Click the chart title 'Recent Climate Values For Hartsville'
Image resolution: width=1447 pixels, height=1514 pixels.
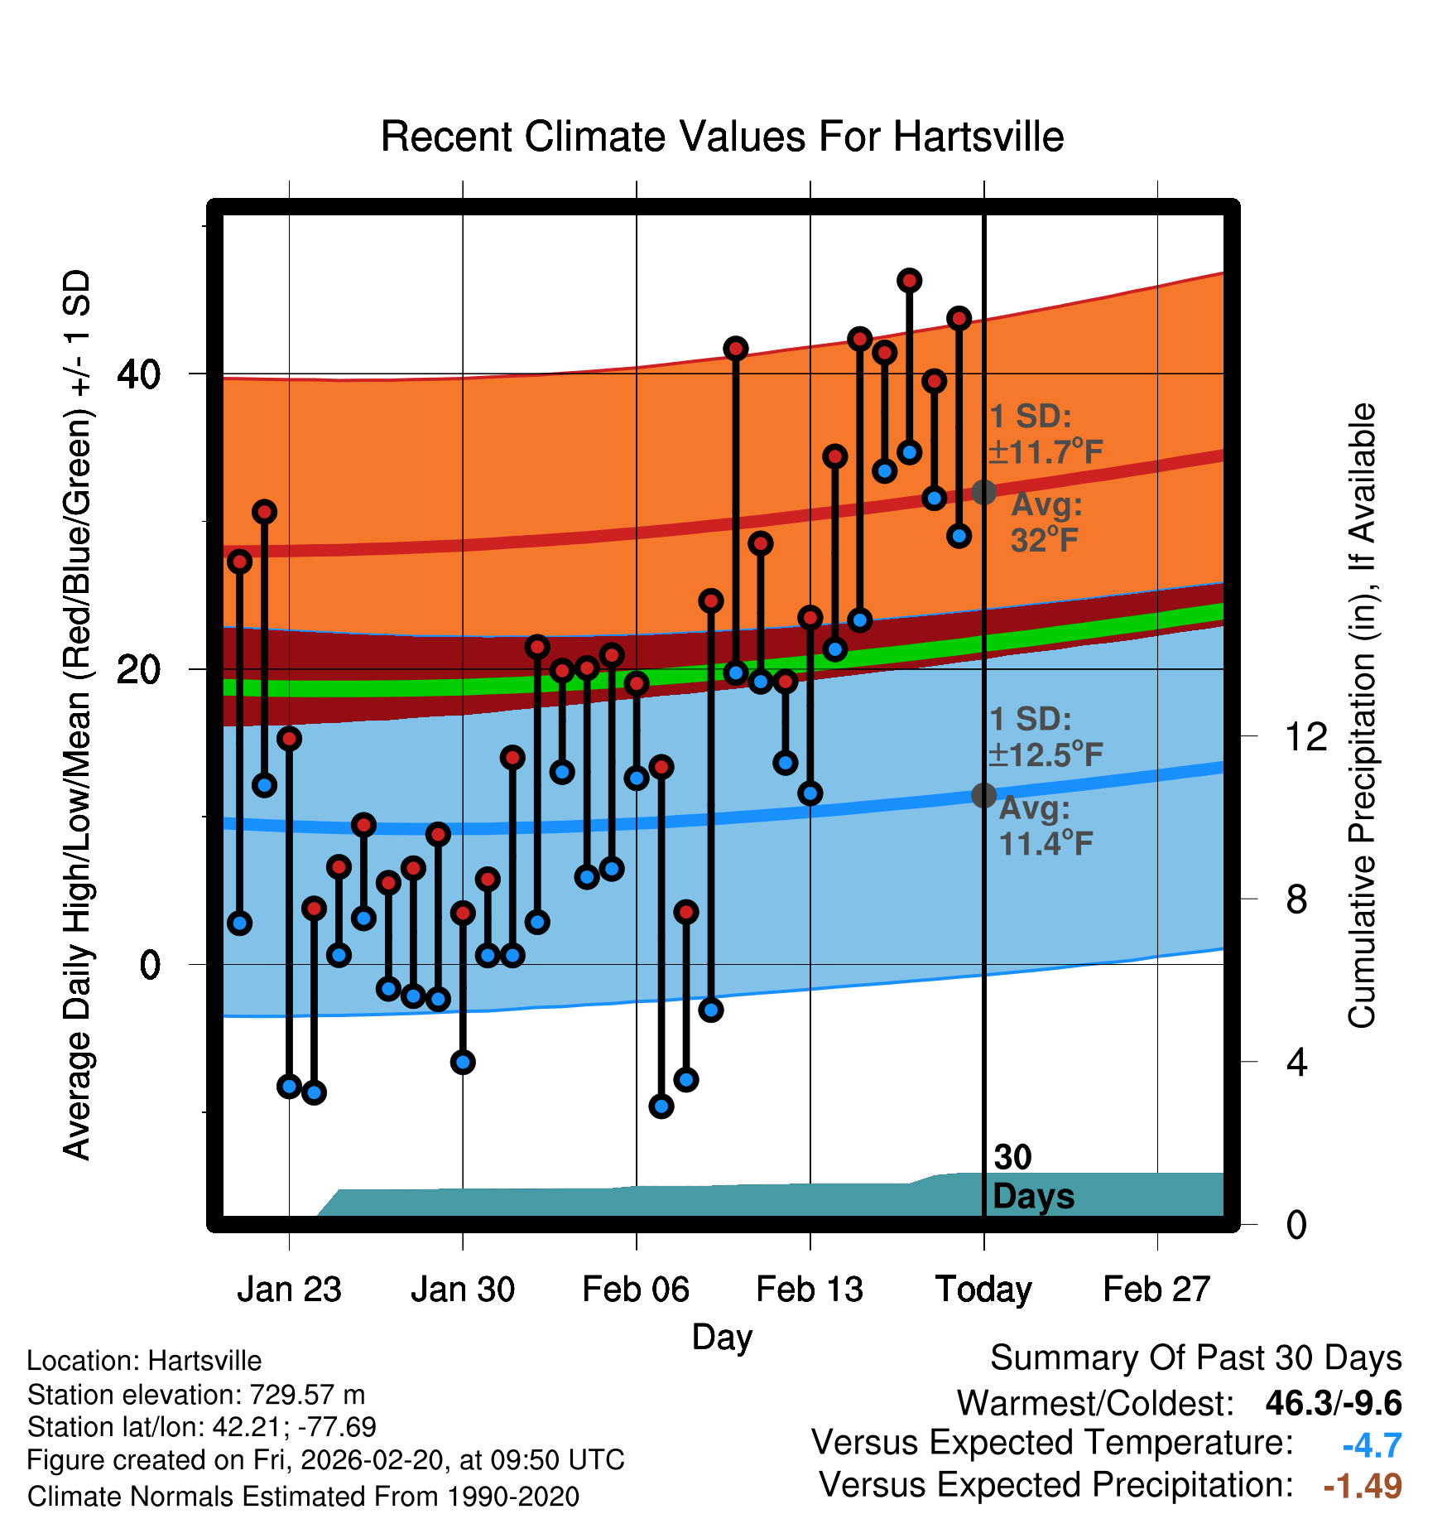pos(722,137)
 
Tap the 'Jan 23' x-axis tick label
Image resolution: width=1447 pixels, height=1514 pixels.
pos(289,1290)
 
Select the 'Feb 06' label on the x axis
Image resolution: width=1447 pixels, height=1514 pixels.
pos(636,1290)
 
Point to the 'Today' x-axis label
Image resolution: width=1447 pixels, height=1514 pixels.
pos(983,1290)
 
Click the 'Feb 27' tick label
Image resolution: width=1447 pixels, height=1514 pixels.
pos(1156,1290)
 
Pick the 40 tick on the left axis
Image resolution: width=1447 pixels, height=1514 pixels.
pos(138,374)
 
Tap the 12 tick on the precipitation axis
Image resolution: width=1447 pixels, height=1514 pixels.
pos(1305,736)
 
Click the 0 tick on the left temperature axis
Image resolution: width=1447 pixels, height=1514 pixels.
pos(150,965)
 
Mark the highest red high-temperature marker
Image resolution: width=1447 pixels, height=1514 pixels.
pos(909,281)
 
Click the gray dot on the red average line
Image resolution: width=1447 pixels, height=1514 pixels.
pos(983,492)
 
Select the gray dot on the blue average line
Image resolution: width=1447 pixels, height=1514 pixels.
pos(983,795)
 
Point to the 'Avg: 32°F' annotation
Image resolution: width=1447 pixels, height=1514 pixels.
pos(1046,522)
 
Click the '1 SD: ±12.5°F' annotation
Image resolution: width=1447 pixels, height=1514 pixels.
pos(1046,737)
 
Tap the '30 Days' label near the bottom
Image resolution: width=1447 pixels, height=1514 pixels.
pos(1032,1177)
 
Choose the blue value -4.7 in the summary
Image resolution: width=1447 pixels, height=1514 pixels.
pos(1372,1445)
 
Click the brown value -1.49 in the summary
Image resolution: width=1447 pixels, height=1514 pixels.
pos(1363,1486)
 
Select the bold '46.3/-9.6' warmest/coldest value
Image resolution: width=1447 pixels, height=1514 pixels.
pos(1334,1403)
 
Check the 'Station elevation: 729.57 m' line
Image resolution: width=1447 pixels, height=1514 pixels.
pos(196,1395)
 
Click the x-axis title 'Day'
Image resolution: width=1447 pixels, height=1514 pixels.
pos(722,1337)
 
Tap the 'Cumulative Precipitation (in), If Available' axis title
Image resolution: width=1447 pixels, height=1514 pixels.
pos(1362,716)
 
